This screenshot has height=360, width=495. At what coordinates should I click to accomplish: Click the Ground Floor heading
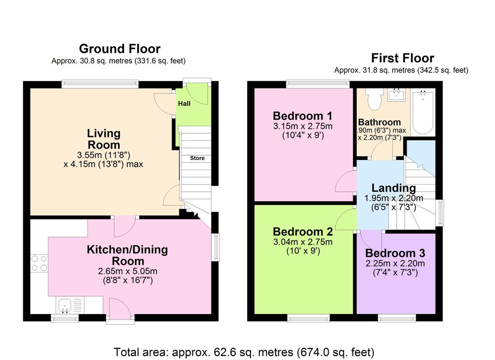119,48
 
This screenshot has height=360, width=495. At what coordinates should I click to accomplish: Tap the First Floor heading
403,58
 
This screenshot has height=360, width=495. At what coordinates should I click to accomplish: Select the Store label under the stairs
197,158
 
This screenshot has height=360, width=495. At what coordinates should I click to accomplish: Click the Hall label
184,103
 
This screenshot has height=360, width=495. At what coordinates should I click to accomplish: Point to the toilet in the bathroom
374,99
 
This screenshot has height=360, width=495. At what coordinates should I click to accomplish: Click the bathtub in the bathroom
423,111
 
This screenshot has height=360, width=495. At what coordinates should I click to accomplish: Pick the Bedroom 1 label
303,116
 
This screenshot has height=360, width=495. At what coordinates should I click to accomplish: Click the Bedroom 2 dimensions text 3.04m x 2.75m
303,242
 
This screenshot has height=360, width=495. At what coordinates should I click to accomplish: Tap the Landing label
393,188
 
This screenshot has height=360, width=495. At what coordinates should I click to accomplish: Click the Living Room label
103,139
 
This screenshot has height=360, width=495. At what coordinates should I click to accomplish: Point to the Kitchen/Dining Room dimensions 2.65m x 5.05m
128,271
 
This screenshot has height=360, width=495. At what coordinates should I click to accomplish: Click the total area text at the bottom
244,352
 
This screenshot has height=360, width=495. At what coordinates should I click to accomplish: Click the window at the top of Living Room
100,84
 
